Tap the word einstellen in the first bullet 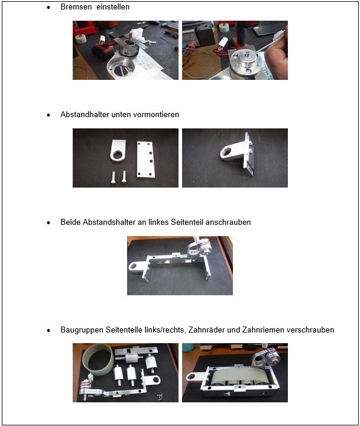coord(113,7)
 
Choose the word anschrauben coord(228,222)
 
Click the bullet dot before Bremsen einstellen coord(48,7)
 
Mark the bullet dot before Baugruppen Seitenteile coord(48,330)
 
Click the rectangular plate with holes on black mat coord(146,160)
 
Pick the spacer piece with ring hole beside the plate coord(118,150)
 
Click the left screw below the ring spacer coord(113,177)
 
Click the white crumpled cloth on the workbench coord(140,36)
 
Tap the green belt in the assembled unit coord(236,376)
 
